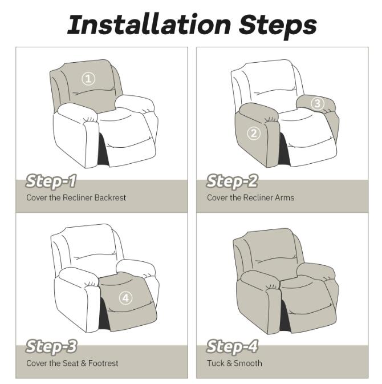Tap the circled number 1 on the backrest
coord(88,79)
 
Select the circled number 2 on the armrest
coord(254,134)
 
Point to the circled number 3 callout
coord(318,103)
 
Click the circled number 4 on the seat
coord(125,298)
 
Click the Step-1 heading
coord(51,182)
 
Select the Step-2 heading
coord(231,182)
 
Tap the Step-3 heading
coord(51,347)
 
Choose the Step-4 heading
coord(231,347)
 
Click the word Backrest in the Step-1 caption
coord(108,198)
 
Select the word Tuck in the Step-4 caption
coord(216,363)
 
